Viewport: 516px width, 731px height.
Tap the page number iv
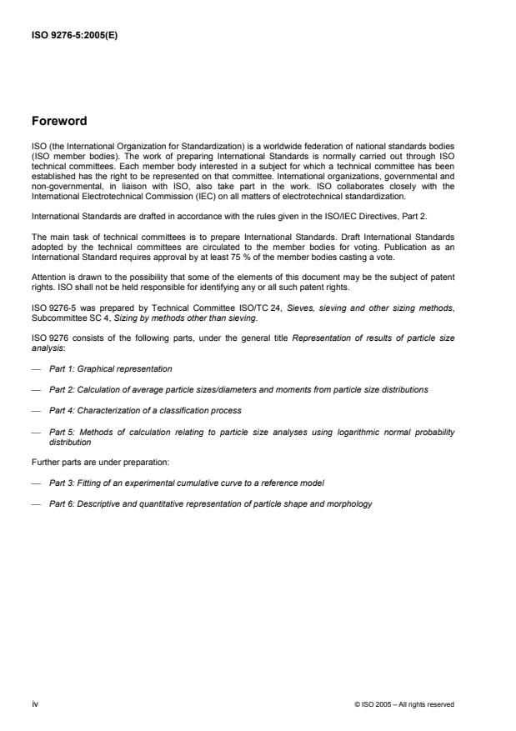click(36, 704)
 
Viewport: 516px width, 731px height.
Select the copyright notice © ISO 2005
click(403, 704)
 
